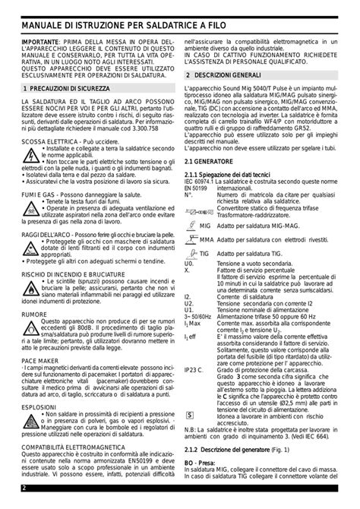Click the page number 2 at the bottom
[24, 487]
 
